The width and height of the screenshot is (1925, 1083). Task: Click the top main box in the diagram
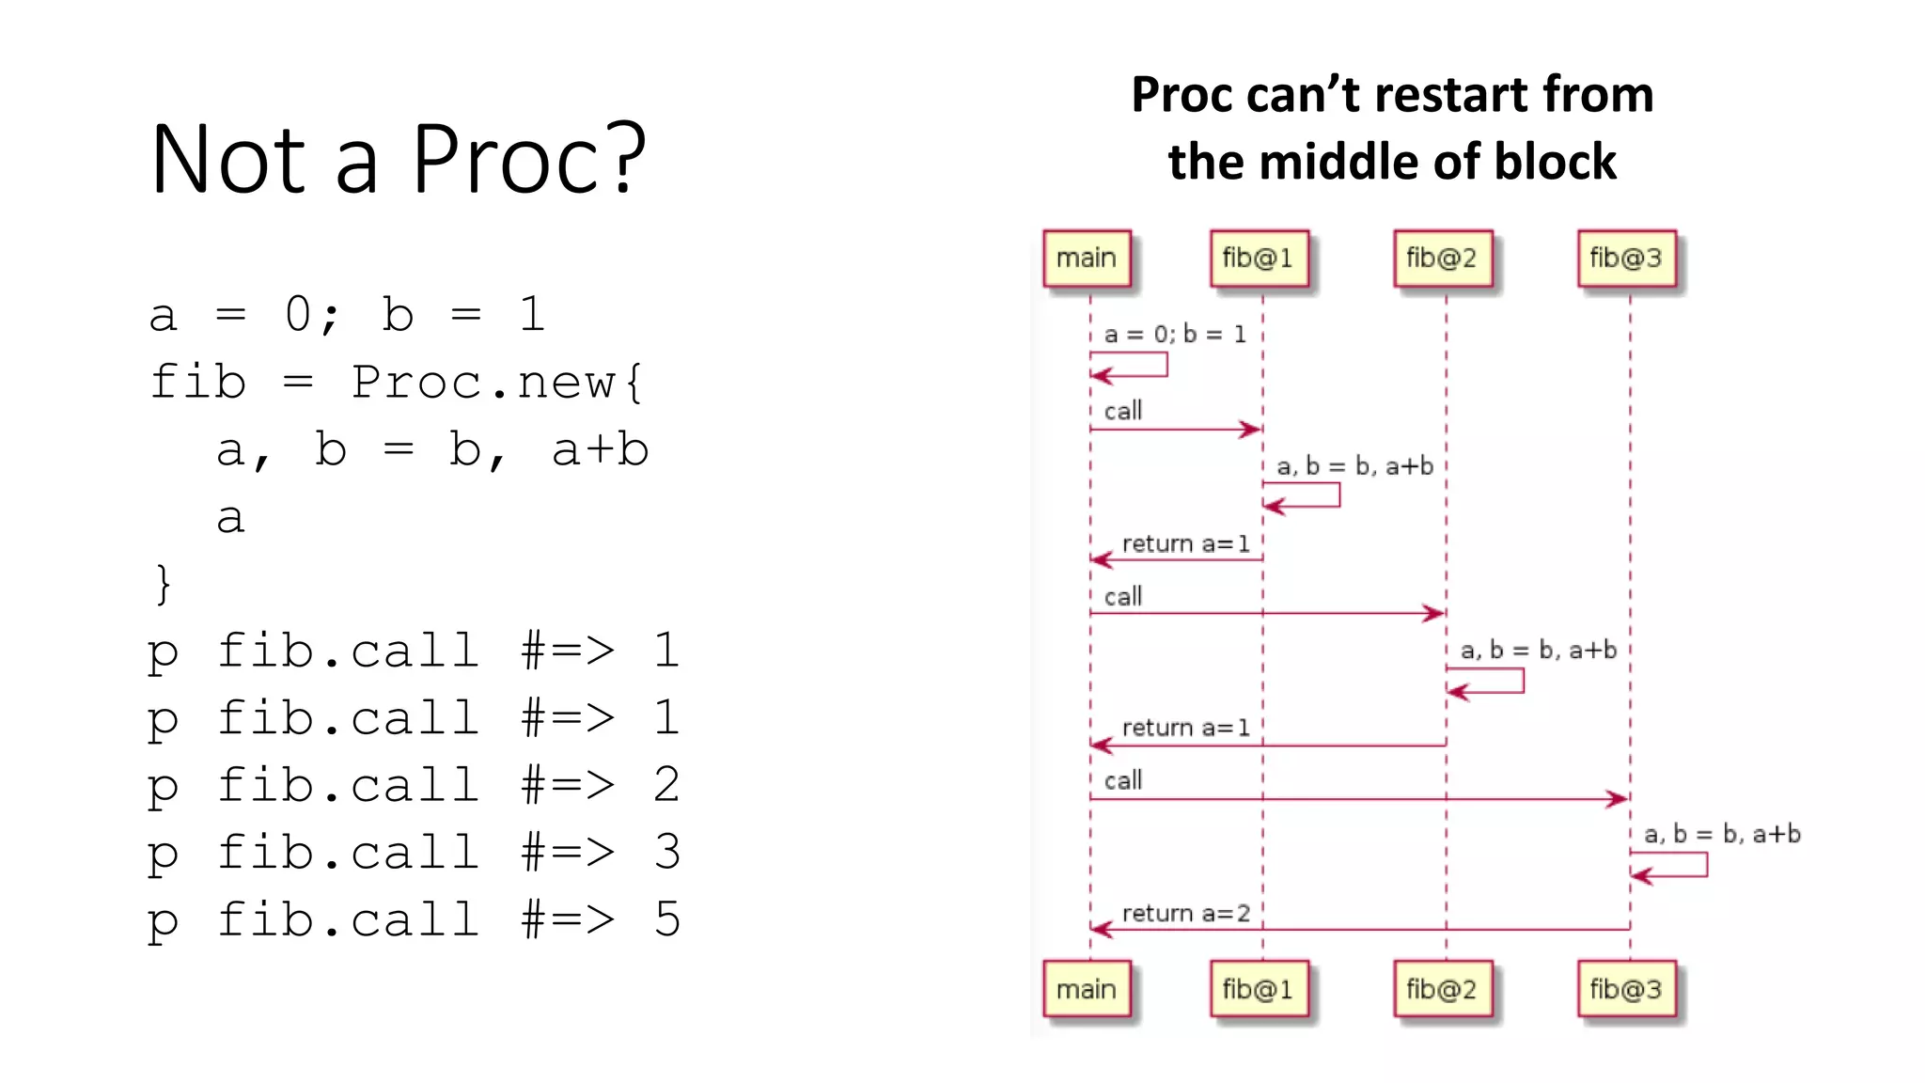[1087, 259]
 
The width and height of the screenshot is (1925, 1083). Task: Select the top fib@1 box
[1258, 259]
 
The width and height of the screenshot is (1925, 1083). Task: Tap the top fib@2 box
[1442, 259]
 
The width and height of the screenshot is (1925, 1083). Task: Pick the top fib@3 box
[1626, 259]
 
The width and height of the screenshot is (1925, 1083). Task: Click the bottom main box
[1087, 989]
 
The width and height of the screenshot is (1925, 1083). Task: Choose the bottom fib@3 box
[1626, 989]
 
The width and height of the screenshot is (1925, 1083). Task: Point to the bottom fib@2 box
[1442, 989]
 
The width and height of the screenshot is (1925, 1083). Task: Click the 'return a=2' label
[1185, 913]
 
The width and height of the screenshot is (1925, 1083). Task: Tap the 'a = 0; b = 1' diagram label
[1175, 334]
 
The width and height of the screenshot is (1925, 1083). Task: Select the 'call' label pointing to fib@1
[1123, 411]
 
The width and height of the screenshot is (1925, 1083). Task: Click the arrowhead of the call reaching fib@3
[1619, 799]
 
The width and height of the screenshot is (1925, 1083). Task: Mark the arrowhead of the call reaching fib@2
[1434, 614]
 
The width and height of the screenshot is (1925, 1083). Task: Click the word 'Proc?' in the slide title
[529, 160]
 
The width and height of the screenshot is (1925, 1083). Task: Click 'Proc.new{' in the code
[497, 383]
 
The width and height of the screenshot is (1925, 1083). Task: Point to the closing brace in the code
[164, 584]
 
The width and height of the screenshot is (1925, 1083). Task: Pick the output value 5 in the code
[666, 919]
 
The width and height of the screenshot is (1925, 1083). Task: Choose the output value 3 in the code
[666, 852]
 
